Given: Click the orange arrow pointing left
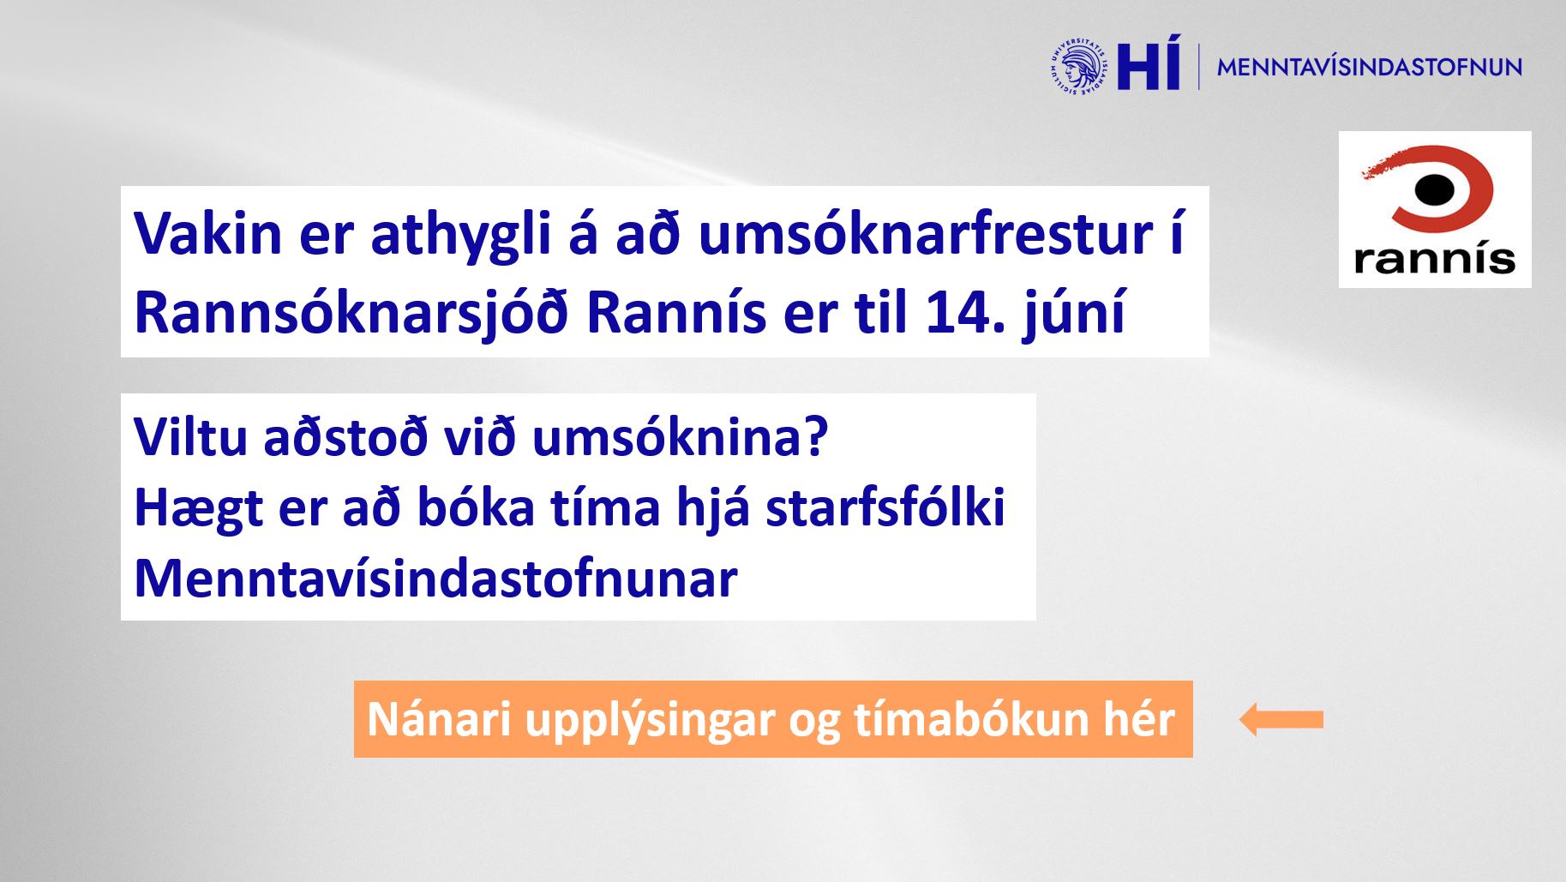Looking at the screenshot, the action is click(1281, 719).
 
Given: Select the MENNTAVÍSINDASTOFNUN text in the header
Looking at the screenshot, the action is click(1369, 67).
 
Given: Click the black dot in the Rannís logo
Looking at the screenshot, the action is click(1434, 190).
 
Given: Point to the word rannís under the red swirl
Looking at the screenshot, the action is click(1435, 257).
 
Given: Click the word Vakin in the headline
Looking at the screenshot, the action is click(208, 232).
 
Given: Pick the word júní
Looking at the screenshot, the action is click(1073, 312).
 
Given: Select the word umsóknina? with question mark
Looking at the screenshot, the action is click(680, 436).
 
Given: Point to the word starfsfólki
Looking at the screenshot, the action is click(885, 507).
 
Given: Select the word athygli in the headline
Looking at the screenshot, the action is click(459, 232).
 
